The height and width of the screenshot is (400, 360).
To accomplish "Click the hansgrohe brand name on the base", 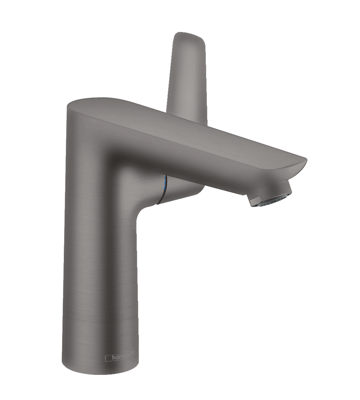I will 123,357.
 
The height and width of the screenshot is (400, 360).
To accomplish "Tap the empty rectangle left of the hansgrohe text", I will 108,358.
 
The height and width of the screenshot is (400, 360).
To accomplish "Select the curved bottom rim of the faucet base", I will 100,373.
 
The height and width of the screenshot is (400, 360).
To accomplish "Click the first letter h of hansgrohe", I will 113,357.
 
